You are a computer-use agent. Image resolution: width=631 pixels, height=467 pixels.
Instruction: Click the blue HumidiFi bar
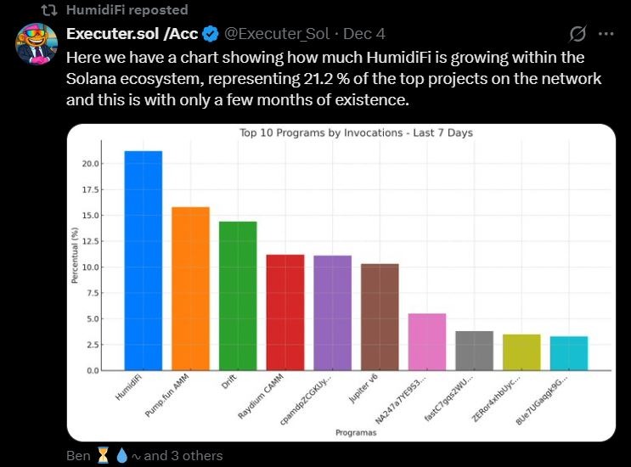click(143, 261)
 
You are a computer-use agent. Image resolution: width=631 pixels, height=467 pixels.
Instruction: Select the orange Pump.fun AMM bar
click(190, 289)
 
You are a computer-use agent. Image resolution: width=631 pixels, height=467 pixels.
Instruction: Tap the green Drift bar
click(238, 296)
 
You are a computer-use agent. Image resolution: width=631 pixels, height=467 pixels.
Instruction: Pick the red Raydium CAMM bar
click(285, 312)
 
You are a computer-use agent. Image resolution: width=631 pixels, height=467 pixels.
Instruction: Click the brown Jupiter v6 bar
click(380, 317)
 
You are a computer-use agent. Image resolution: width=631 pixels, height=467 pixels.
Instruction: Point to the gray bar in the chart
click(474, 351)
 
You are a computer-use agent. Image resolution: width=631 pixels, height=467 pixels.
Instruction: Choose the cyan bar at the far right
click(569, 353)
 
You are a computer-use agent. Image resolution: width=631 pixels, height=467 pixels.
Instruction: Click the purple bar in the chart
click(332, 313)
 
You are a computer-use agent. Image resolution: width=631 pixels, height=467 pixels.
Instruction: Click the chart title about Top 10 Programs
click(356, 133)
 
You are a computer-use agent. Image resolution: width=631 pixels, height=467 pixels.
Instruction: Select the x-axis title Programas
click(356, 433)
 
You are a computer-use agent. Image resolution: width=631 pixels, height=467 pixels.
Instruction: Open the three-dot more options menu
click(606, 34)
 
